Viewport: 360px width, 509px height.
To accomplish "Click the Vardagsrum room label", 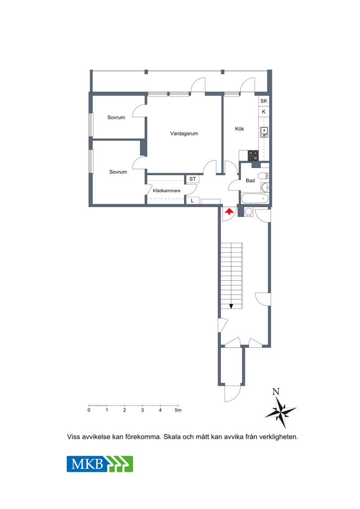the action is coord(184,133).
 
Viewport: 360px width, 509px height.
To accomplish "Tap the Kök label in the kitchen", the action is coord(239,129).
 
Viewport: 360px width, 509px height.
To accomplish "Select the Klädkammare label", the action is coord(166,190).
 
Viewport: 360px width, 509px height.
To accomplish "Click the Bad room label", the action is coord(250,180).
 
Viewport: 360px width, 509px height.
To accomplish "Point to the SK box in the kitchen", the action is coord(264,101).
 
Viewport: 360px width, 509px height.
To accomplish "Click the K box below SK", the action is coord(264,112).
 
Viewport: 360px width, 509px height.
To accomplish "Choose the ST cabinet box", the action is coord(193,179).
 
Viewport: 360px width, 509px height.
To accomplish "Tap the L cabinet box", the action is coord(193,201).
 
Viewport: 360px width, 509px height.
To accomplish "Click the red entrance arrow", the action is coord(229,212).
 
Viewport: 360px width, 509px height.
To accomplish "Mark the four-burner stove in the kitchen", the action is coord(253,156).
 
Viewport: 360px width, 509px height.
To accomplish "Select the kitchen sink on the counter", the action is coord(264,132).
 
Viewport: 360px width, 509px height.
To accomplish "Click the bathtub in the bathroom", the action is coord(255,198).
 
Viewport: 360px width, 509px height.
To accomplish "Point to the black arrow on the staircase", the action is coord(231,306).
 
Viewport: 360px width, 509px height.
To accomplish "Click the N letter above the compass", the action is coord(276,392).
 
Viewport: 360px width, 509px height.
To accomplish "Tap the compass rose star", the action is coord(280,412).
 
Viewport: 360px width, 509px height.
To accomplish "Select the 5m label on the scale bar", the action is coord(178,410).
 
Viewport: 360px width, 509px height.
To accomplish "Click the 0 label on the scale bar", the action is coord(89,410).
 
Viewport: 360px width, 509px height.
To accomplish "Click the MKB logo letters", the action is coord(87,464).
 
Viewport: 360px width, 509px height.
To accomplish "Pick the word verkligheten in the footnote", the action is coord(279,437).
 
